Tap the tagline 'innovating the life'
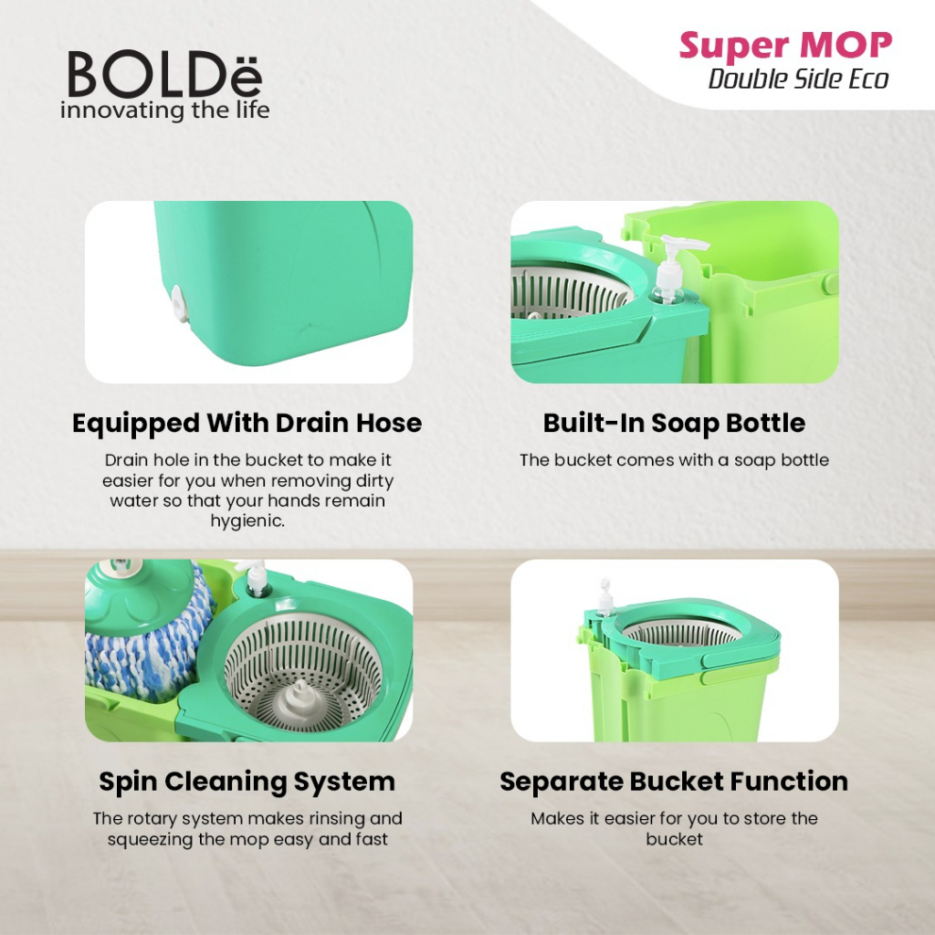coord(164,110)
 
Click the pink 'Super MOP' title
coord(785,46)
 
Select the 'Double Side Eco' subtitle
coord(798,79)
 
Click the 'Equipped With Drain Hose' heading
coord(247,424)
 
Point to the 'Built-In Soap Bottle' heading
coord(674,424)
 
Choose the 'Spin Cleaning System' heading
coord(247,783)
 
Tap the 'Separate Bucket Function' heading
coord(674,783)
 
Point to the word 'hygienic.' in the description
coord(247,520)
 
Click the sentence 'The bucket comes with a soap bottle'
coord(674,460)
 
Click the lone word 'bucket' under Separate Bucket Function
coord(674,839)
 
